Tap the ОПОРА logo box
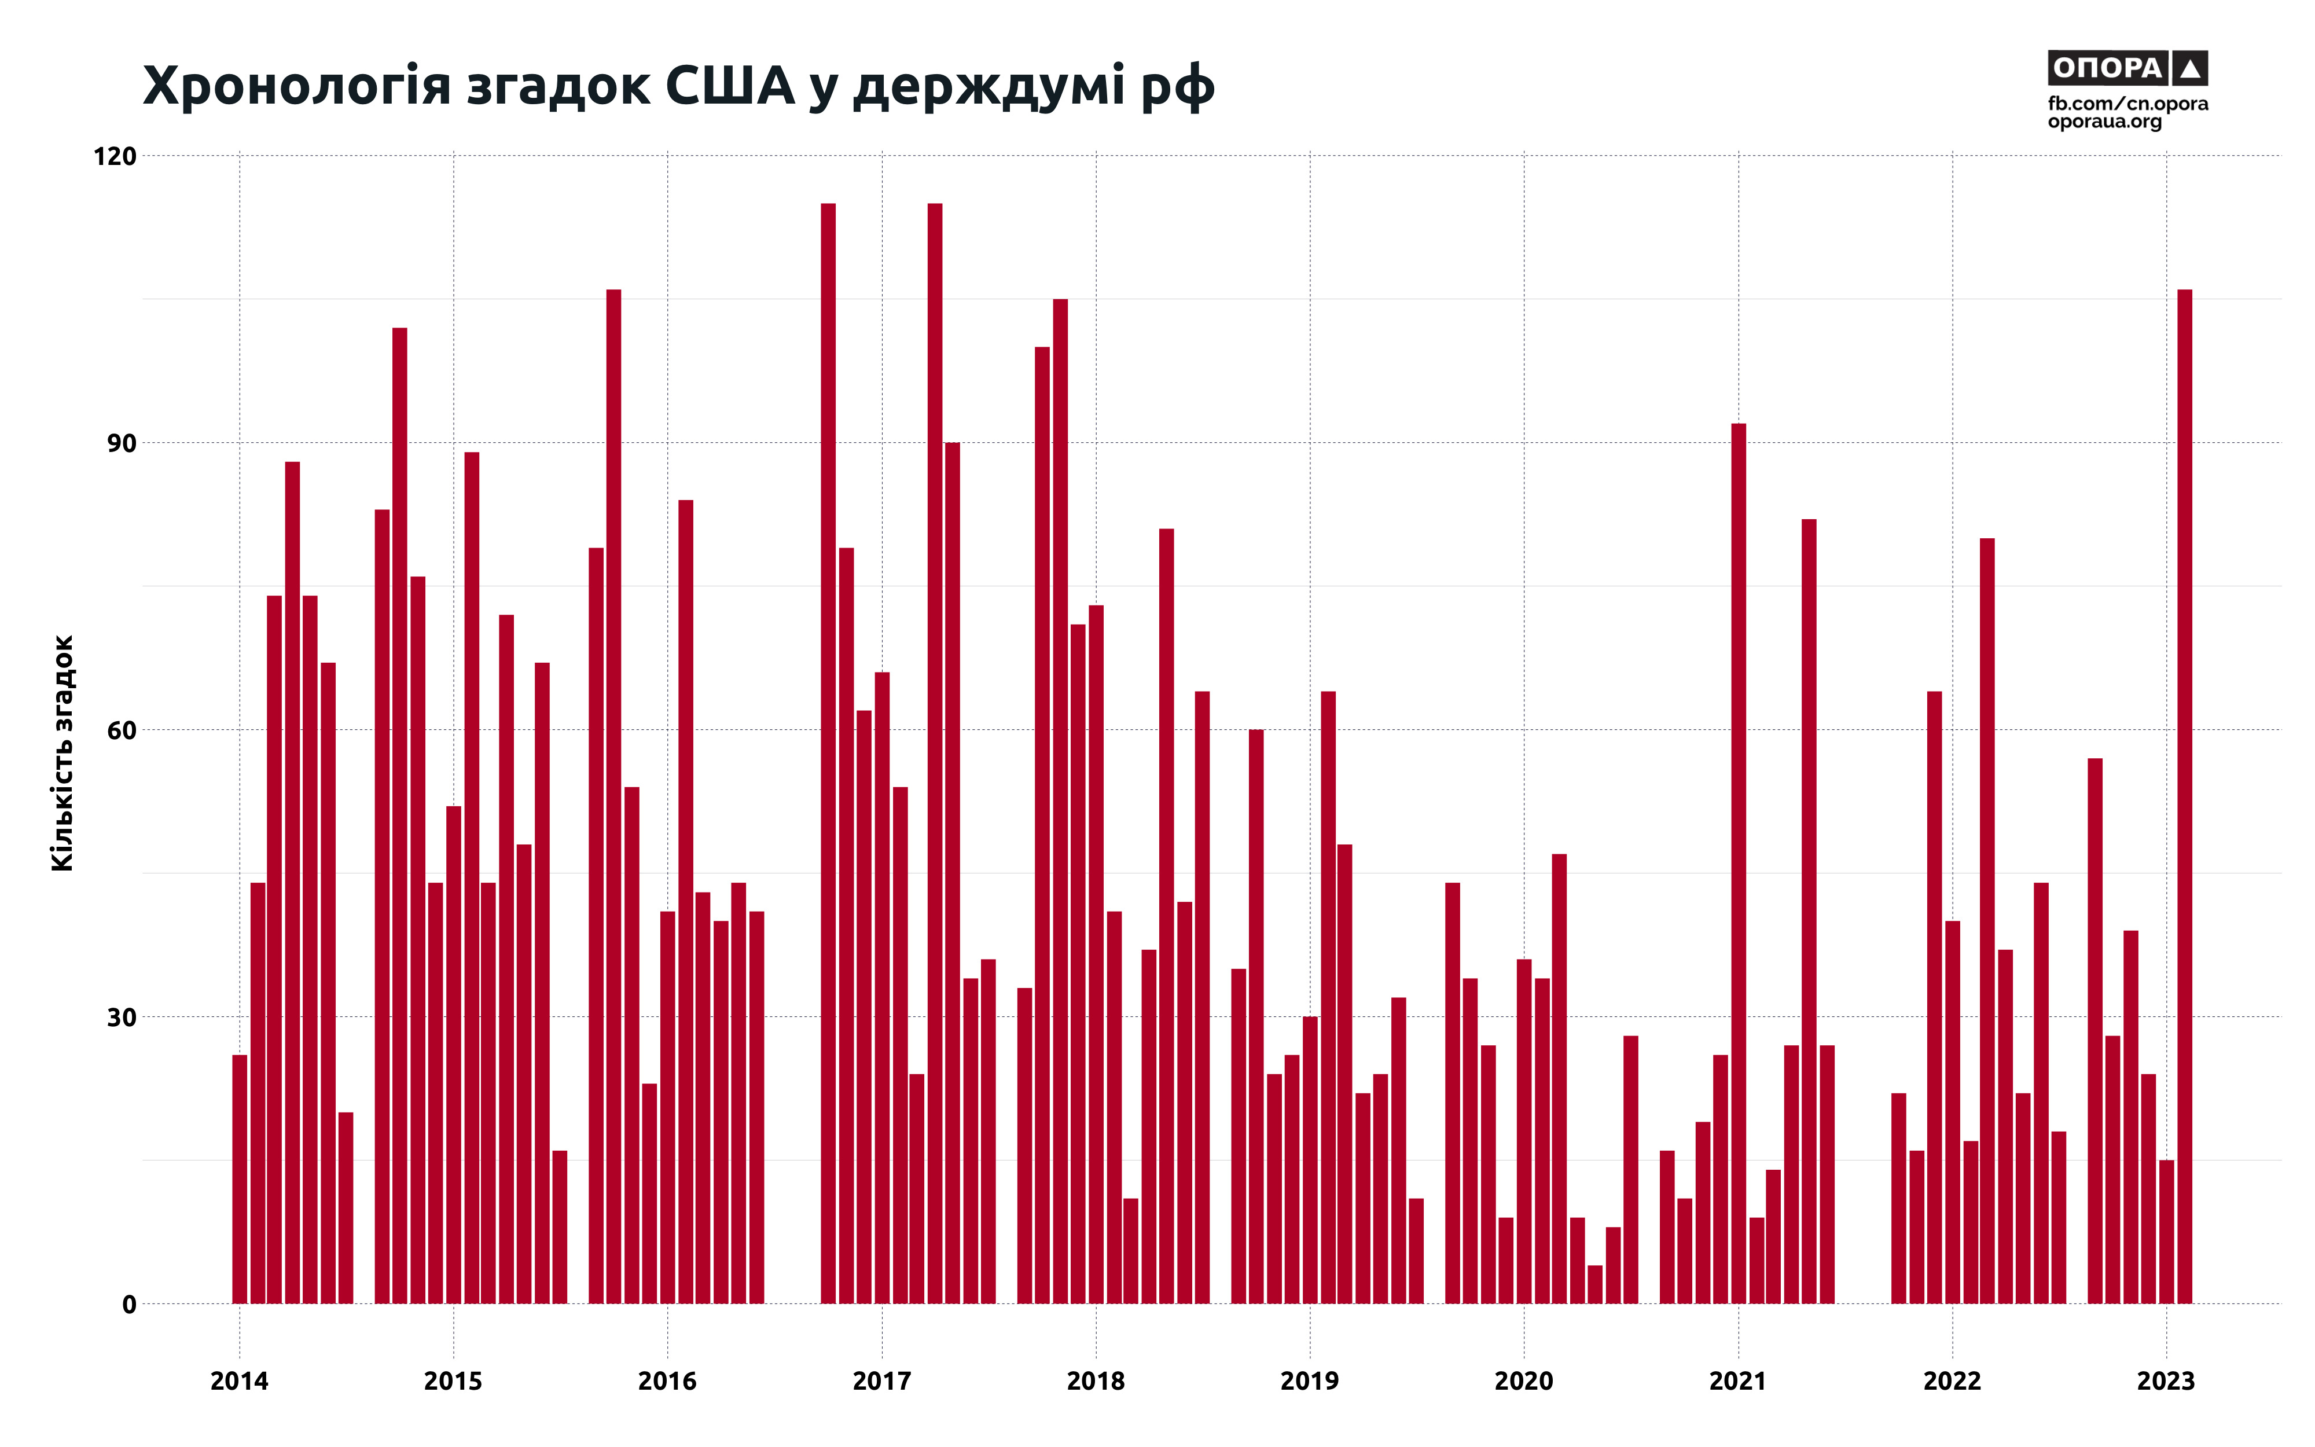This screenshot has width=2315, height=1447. click(2127, 68)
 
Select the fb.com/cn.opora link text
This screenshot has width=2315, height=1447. click(2127, 104)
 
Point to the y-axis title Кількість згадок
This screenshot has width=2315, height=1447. click(62, 753)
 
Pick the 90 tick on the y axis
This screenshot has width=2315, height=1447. click(120, 443)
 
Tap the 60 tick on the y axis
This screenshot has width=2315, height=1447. click(120, 730)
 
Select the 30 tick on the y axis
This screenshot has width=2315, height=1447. click(120, 1018)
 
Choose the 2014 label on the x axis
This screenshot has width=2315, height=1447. click(239, 1381)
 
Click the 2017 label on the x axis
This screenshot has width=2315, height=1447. click(881, 1381)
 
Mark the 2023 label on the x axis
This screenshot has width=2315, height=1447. click(2166, 1381)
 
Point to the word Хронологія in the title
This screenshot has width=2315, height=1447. click(296, 86)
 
